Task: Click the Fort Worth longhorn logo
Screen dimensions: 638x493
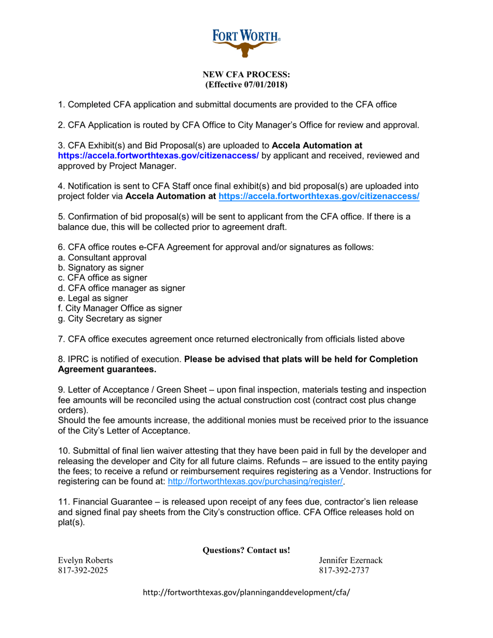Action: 246,41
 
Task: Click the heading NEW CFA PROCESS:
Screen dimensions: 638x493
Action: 246,75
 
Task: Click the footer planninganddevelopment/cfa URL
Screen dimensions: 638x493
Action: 246,593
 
